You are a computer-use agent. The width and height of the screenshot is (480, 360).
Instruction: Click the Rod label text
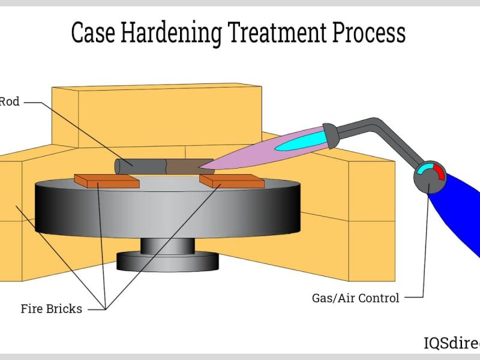(x=10, y=102)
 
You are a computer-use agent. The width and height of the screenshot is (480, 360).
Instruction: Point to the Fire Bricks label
(x=51, y=310)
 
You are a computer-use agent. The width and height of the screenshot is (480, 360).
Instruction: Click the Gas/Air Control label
(x=355, y=298)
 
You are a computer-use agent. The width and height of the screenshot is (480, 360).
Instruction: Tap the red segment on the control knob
(x=440, y=173)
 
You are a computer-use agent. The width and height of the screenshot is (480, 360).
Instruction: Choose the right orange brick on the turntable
(x=232, y=179)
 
